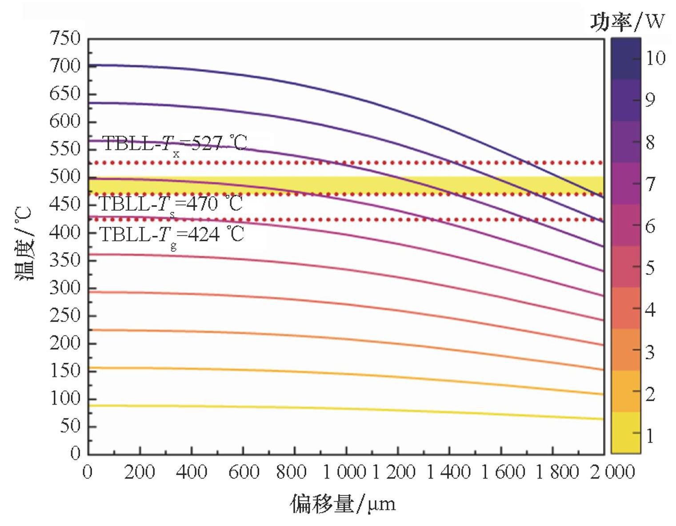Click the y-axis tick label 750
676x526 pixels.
pyautogui.click(x=65, y=39)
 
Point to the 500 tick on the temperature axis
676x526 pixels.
pyautogui.click(x=65, y=177)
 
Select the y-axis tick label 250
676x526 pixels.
pyautogui.click(x=65, y=316)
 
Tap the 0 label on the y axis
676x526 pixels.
pyautogui.click(x=76, y=454)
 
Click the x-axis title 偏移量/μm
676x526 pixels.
pyautogui.click(x=342, y=504)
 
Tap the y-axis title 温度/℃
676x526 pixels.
pyautogui.click(x=23, y=245)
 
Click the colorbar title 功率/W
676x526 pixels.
pyautogui.click(x=627, y=21)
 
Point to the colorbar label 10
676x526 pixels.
pyautogui.click(x=655, y=58)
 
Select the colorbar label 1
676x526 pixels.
pyautogui.click(x=650, y=436)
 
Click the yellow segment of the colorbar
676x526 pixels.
pyautogui.click(x=625, y=432)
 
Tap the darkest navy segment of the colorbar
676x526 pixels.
pyautogui.click(x=625, y=59)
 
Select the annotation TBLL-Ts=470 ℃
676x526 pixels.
pyautogui.click(x=171, y=205)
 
